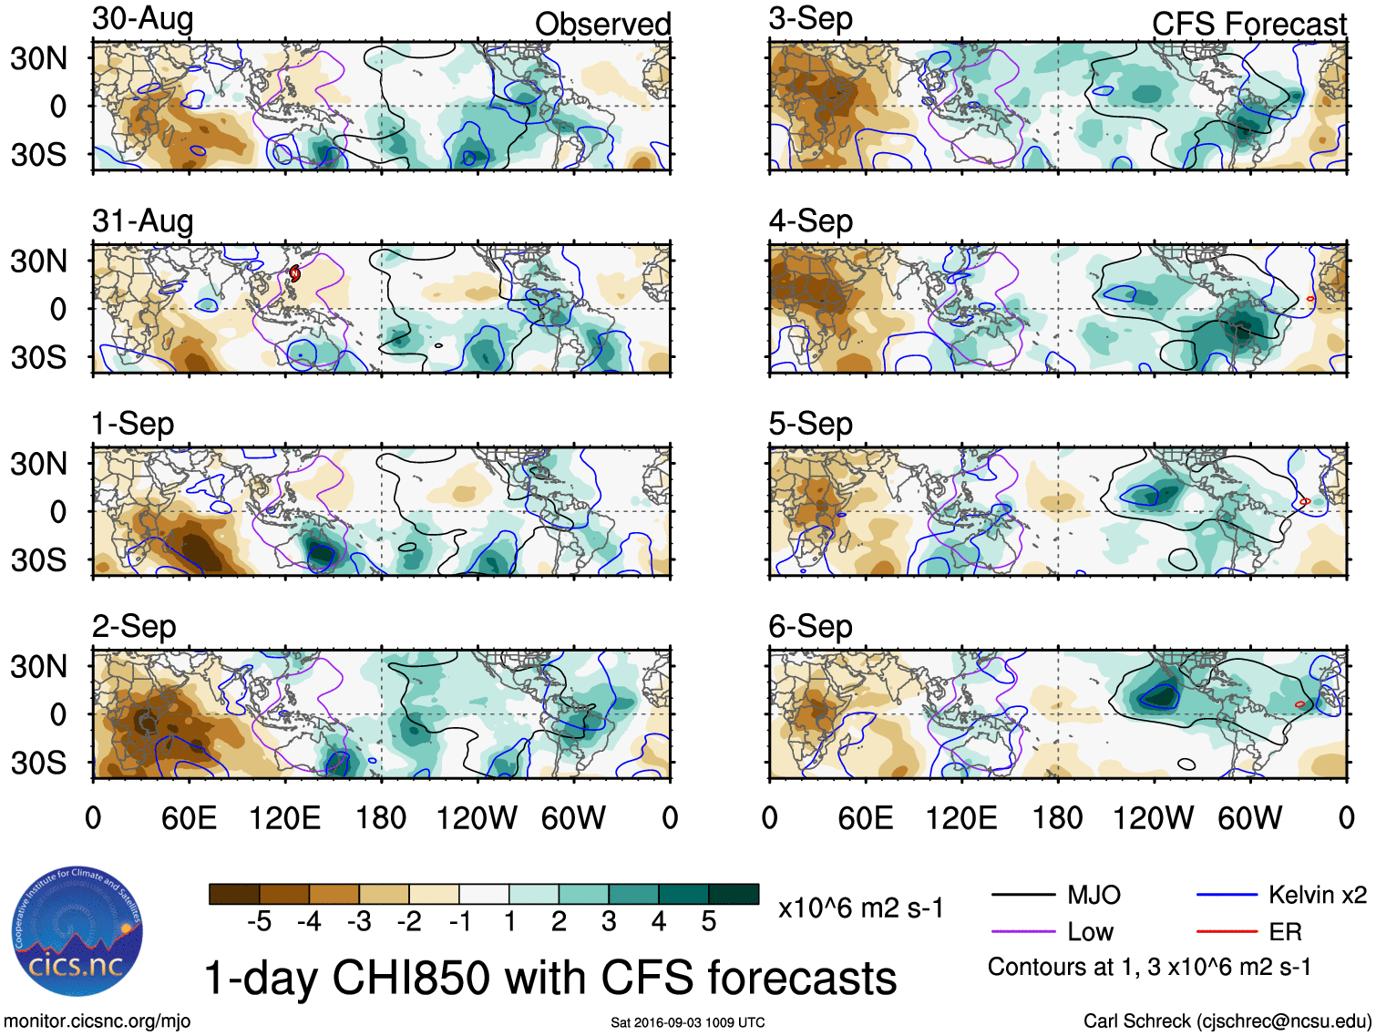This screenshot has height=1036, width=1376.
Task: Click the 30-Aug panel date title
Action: [x=143, y=19]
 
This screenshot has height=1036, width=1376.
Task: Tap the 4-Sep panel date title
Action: [x=811, y=221]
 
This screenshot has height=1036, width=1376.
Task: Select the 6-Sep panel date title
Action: [x=811, y=627]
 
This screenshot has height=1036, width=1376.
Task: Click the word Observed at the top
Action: [x=602, y=25]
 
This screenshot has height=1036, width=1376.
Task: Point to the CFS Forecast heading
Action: [x=1248, y=25]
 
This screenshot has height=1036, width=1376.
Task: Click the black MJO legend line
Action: [x=1022, y=895]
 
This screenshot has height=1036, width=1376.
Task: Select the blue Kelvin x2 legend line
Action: [x=1227, y=895]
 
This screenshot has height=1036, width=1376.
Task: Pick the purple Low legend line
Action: [x=1022, y=931]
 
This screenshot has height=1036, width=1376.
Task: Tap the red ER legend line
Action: [x=1227, y=931]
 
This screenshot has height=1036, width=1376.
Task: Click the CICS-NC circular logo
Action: [x=77, y=932]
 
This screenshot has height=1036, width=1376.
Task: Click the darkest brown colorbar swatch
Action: [x=234, y=894]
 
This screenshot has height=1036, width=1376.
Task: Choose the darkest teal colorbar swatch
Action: [x=734, y=894]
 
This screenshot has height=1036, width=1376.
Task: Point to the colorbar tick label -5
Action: [x=259, y=922]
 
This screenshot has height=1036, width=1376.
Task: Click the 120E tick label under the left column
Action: [x=284, y=818]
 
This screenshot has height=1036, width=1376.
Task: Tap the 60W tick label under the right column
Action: [x=1249, y=818]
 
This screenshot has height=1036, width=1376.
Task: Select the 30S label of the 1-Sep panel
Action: [x=38, y=560]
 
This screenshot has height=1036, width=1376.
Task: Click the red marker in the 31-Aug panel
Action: [x=294, y=272]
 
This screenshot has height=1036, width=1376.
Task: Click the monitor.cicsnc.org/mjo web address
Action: [x=98, y=1021]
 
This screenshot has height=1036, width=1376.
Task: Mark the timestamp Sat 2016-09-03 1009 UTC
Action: [x=688, y=1022]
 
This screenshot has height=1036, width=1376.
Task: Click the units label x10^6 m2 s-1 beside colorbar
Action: [x=861, y=908]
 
